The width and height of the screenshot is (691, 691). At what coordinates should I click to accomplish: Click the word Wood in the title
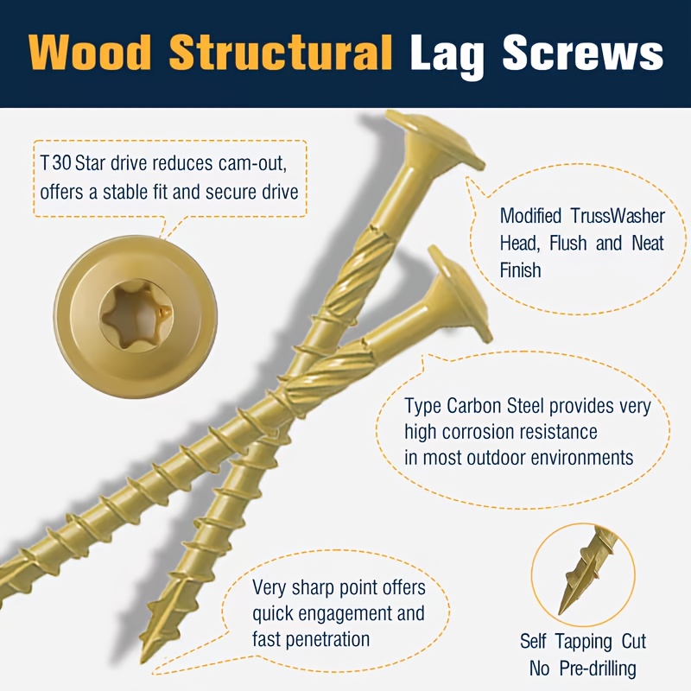pos(90,53)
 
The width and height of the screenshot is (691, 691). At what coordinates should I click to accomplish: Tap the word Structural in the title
pos(281,53)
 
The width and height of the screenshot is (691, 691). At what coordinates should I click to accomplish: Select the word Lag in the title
pos(447,57)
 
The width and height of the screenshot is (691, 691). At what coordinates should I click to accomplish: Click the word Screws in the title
pos(583,53)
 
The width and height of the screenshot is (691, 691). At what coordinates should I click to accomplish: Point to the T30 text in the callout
pos(55,162)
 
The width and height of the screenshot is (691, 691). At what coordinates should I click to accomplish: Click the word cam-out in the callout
pos(252,162)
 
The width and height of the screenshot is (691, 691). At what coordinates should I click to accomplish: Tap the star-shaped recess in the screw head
pos(136,316)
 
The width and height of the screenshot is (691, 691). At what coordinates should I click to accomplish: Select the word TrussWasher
pos(618,215)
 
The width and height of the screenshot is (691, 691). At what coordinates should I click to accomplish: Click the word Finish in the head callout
pos(520,269)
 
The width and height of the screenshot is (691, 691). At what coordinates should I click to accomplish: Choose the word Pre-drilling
pos(597,669)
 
